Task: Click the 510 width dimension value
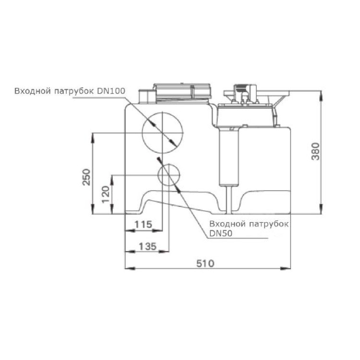coord(205,264)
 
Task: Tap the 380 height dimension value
coord(315,151)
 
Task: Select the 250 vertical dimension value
coord(86,177)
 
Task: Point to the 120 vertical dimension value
coord(106,194)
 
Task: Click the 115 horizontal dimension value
coord(143,224)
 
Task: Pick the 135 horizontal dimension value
coord(148,247)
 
